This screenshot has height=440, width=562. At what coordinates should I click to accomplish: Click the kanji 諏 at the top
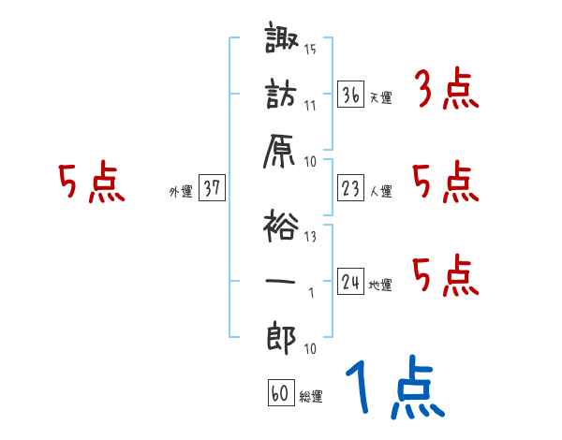click(x=282, y=37)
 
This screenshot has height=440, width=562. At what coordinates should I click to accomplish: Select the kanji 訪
click(x=281, y=94)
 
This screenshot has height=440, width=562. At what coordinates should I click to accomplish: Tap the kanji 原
click(x=279, y=151)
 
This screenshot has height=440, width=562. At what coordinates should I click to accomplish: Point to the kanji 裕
click(x=281, y=226)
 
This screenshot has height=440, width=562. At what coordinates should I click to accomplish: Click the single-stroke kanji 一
click(x=280, y=281)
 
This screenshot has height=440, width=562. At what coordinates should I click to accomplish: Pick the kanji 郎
click(x=281, y=337)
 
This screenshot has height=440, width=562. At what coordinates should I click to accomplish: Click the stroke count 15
click(x=310, y=49)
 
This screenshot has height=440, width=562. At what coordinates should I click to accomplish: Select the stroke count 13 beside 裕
click(x=310, y=237)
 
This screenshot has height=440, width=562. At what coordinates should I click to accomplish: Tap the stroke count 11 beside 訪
click(x=310, y=106)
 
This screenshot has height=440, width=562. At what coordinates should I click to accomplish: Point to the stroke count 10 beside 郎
click(x=310, y=348)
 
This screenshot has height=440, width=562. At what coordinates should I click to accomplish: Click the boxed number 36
click(x=351, y=95)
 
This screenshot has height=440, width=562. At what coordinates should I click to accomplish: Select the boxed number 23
click(x=351, y=188)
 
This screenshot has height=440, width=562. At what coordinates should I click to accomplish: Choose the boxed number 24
click(x=351, y=281)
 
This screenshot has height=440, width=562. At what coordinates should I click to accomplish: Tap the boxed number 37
click(x=212, y=187)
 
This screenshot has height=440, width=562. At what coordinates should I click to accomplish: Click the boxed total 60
click(x=281, y=392)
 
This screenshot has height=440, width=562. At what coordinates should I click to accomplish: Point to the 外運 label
click(x=181, y=192)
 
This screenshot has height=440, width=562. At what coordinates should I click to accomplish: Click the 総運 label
click(x=311, y=397)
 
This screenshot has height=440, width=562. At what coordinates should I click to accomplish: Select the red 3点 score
click(x=447, y=89)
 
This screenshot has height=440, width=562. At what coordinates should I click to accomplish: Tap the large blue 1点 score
click(x=395, y=388)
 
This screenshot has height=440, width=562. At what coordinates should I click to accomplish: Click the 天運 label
click(x=381, y=97)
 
